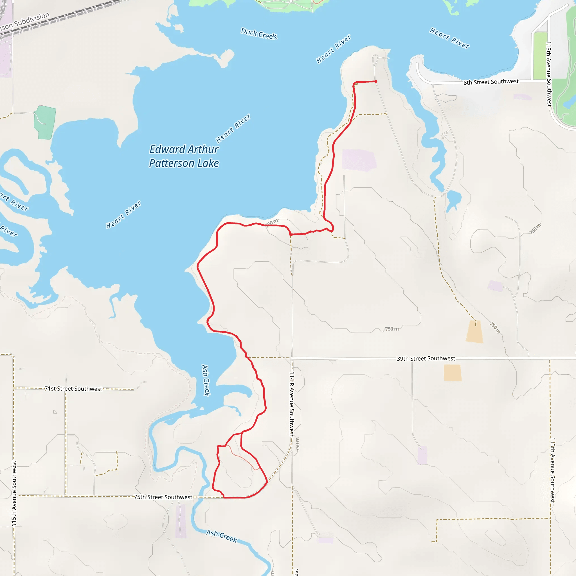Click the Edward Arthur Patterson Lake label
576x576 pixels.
184,156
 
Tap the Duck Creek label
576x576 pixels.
259,34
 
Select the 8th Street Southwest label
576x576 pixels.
491,82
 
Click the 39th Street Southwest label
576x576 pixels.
426,358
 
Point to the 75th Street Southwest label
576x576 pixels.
163,497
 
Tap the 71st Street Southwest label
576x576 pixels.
73,388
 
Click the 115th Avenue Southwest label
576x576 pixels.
14,493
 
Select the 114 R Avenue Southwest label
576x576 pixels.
292,404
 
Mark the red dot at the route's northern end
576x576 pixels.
376,81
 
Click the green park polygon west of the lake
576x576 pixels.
45,122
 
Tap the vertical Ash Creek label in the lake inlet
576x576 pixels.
206,380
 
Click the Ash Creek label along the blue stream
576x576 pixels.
222,536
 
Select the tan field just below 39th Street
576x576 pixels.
452,373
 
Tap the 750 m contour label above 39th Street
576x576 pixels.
392,329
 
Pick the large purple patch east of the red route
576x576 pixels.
359,160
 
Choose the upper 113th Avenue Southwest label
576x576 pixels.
548,74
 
